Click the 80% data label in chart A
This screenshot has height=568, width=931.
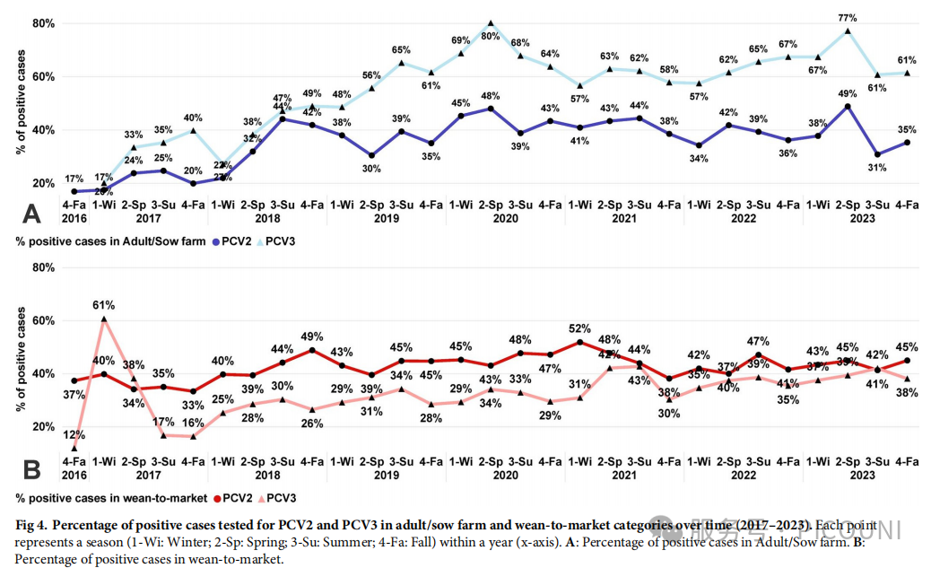pos(491,37)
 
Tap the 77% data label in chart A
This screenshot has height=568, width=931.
pos(848,18)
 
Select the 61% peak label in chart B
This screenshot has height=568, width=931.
pos(104,305)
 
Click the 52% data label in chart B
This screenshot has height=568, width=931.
pos(580,328)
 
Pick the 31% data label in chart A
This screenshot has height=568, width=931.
pos(877,168)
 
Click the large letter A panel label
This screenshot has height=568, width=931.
pos(32,214)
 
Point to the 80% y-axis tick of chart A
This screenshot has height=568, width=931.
pos(43,23)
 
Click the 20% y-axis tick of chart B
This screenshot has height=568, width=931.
pos(43,426)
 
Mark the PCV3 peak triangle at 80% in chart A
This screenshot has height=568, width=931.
pos(491,23)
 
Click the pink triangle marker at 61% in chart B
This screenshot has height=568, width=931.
pos(104,319)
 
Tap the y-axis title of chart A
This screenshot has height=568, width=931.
pos(21,103)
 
